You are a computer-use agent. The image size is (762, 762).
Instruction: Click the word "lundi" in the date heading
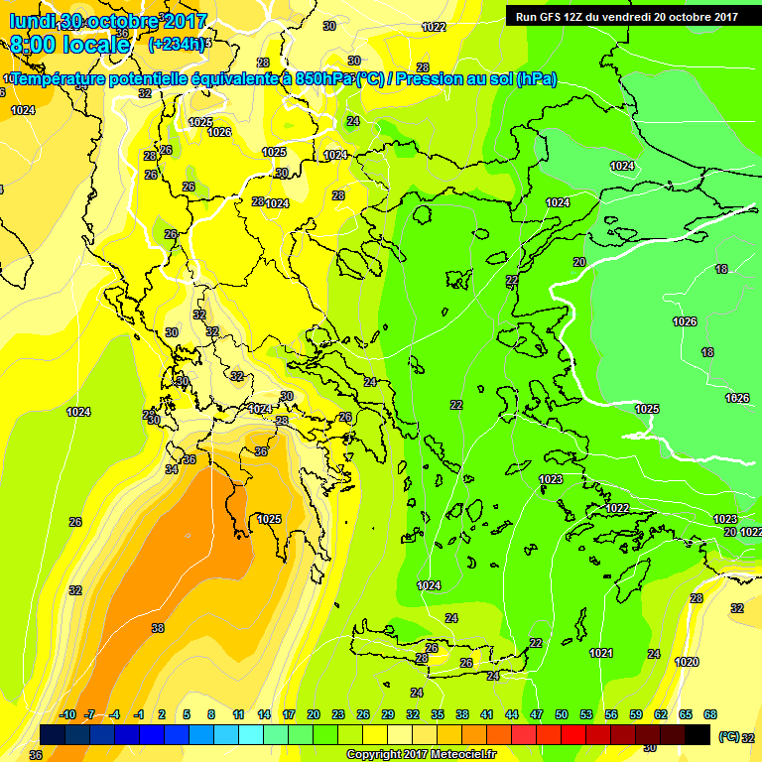(x=33, y=21)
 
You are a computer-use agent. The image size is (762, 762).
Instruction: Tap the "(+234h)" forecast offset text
(x=177, y=44)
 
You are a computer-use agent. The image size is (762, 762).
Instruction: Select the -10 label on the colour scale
(x=68, y=714)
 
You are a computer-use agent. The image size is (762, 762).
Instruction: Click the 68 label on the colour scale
(x=710, y=714)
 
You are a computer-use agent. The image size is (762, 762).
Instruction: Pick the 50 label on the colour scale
(x=562, y=714)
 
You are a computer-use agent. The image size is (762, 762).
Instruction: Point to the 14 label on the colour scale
(x=264, y=714)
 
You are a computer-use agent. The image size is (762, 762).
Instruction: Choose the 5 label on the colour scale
(x=188, y=714)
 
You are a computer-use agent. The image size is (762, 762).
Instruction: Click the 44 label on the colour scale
(x=512, y=714)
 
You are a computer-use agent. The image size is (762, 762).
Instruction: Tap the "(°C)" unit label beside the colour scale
(x=729, y=737)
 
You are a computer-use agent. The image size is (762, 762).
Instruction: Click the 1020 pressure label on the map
(x=686, y=662)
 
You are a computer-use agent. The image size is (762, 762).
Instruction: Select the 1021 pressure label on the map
(x=601, y=652)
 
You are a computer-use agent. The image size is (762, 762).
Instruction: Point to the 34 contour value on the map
(x=172, y=468)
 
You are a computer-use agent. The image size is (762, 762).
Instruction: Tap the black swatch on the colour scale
(x=698, y=734)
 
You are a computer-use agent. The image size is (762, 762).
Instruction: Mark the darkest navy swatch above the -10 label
(x=54, y=734)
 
